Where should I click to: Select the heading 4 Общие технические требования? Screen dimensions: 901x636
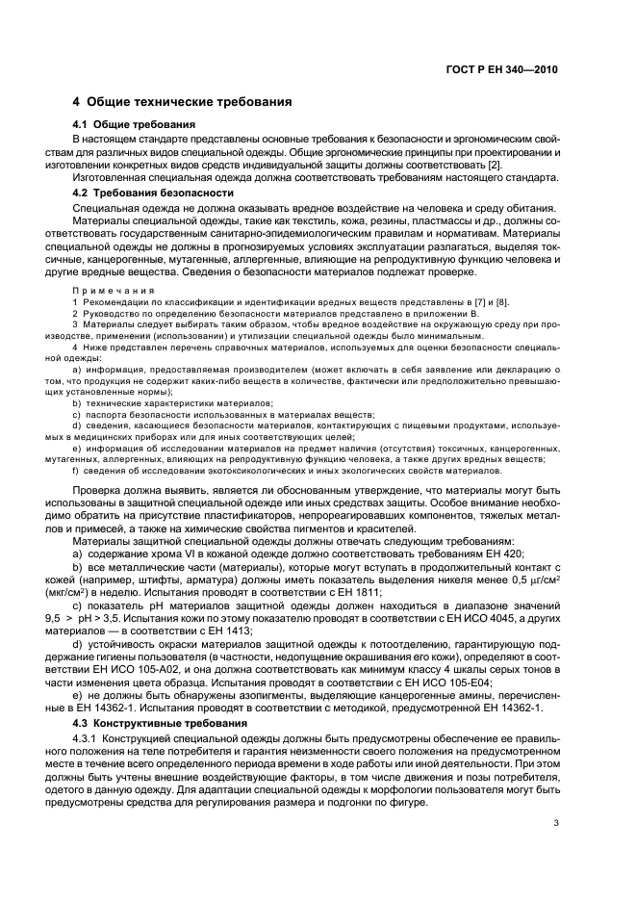pyautogui.click(x=183, y=102)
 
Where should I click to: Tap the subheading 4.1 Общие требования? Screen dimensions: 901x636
pyautogui.click(x=135, y=125)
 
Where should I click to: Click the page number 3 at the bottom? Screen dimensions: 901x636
pyautogui.click(x=555, y=822)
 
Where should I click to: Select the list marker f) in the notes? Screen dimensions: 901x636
pyautogui.click(x=76, y=472)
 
